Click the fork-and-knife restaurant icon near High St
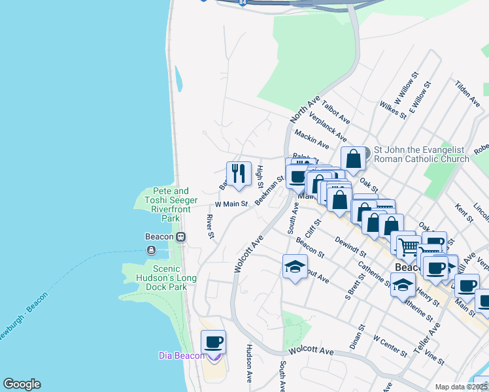[x=239, y=174]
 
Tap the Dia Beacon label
[x=182, y=355]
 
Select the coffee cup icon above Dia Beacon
[x=213, y=342]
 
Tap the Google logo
[x=22, y=384]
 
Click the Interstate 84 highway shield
[x=243, y=3]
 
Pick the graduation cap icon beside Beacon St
[x=295, y=267]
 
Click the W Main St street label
[x=227, y=204]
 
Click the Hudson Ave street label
[x=248, y=364]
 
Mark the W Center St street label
[x=390, y=346]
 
